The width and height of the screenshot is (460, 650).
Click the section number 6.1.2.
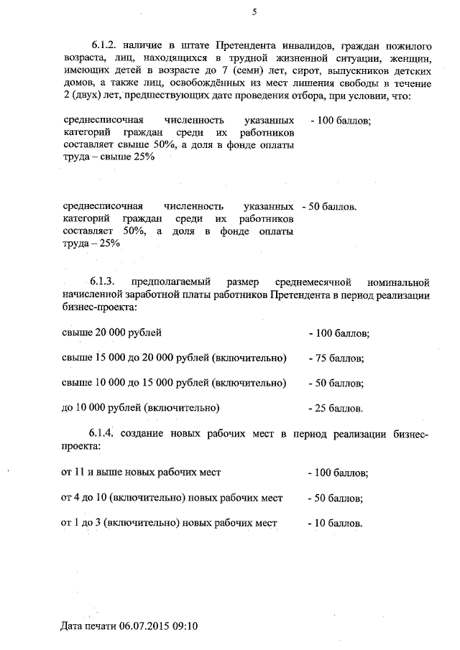pyautogui.click(x=105, y=45)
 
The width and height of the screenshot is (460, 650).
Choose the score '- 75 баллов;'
pyautogui.click(x=336, y=358)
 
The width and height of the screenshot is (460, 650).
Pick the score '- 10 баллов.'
pyautogui.click(x=335, y=523)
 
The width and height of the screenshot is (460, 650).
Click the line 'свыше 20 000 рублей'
pyautogui.click(x=112, y=333)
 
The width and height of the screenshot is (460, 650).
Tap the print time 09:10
pyautogui.click(x=185, y=626)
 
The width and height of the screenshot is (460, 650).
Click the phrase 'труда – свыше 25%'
pyautogui.click(x=109, y=158)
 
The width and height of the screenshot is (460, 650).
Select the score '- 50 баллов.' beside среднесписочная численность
pyautogui.click(x=332, y=207)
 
